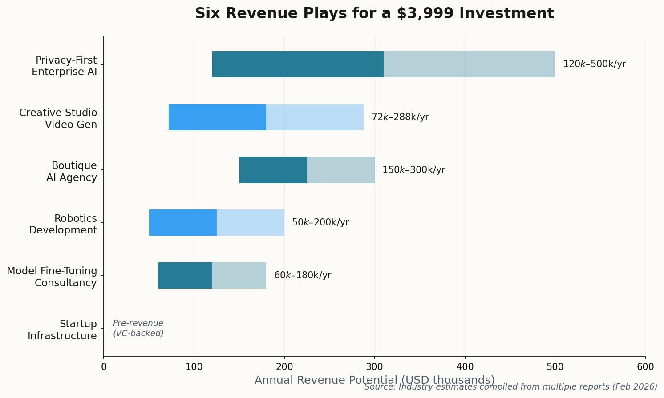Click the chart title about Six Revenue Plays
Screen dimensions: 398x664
(374, 13)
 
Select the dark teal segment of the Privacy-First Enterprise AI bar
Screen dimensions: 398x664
(298, 64)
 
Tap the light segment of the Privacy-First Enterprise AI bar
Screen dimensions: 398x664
(469, 64)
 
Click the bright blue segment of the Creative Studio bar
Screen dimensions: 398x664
(217, 117)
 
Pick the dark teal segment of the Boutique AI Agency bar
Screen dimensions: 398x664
(273, 170)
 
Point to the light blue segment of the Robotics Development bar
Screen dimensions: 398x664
(250, 222)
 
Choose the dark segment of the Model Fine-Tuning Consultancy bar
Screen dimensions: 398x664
(185, 275)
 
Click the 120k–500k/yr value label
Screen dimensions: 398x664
(594, 64)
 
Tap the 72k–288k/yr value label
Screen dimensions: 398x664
(400, 117)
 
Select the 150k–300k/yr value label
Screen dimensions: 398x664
(413, 170)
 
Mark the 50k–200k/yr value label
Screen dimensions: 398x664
(320, 222)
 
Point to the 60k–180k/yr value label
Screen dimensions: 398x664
(302, 275)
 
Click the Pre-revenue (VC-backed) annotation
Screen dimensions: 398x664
(138, 328)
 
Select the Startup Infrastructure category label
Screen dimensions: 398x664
(62, 330)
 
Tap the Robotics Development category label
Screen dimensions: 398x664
(63, 224)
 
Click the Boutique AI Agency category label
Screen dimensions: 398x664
(72, 171)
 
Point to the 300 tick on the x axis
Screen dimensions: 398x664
(374, 366)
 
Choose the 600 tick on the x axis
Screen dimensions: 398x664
(645, 366)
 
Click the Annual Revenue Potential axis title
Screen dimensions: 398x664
(374, 380)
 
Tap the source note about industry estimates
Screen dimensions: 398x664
(510, 387)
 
